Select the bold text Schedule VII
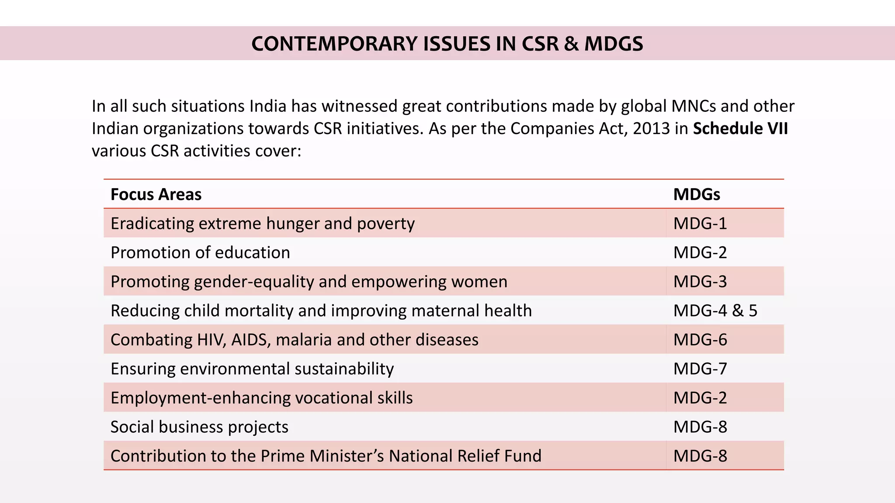point(740,128)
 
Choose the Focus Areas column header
point(156,194)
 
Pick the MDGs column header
point(697,194)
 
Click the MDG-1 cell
point(700,224)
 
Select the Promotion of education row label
point(200,253)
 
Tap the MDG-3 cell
point(700,282)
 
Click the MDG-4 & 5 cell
point(715,311)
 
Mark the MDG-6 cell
point(700,340)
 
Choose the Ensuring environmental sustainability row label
point(252,369)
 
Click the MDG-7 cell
point(700,369)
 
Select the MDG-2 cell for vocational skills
point(700,398)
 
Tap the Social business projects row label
point(199,427)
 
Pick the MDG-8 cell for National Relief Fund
point(700,456)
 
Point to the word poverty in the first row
point(385,224)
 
